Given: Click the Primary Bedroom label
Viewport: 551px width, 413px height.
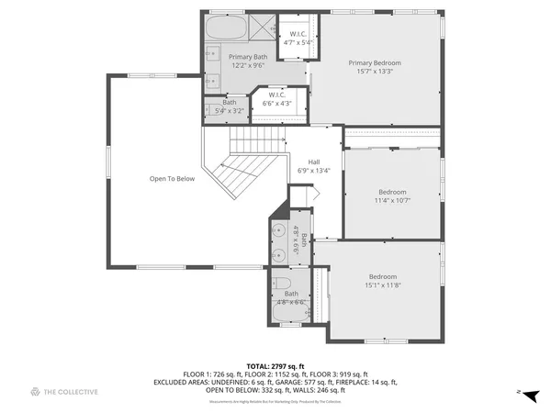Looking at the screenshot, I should pos(375,63).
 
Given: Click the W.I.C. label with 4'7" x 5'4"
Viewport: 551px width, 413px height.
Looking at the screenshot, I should pos(298,37).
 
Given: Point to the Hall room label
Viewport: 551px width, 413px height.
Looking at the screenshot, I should pos(314,161).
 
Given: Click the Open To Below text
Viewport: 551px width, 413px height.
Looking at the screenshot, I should pos(173,179).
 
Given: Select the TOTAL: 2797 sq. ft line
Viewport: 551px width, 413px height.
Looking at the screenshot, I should pos(275,366).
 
